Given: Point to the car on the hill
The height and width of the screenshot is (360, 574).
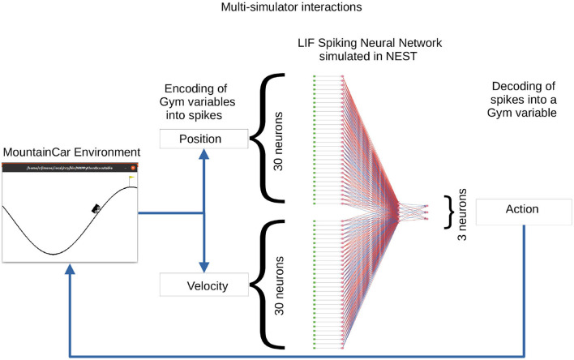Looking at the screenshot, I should pos(96,208).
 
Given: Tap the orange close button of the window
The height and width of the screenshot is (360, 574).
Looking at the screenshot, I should pos(133,166).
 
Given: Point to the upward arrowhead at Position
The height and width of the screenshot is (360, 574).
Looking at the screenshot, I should pos(203,157).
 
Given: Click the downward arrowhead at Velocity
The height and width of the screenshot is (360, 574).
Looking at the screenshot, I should pos(203,267).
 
